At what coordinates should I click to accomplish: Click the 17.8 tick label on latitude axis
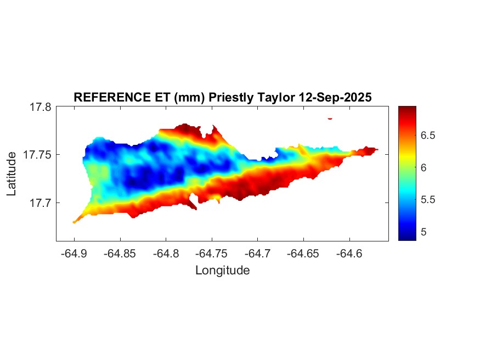coord(40,107)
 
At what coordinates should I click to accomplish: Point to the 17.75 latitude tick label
coord(37,155)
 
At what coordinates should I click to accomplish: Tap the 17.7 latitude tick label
coord(40,203)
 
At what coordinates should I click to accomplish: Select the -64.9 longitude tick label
coord(74,254)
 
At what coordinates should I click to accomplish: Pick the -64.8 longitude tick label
coord(166,254)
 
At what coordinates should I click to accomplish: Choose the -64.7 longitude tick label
coord(257,254)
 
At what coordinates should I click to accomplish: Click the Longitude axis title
coord(222,270)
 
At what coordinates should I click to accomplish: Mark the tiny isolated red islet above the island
coord(330,118)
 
